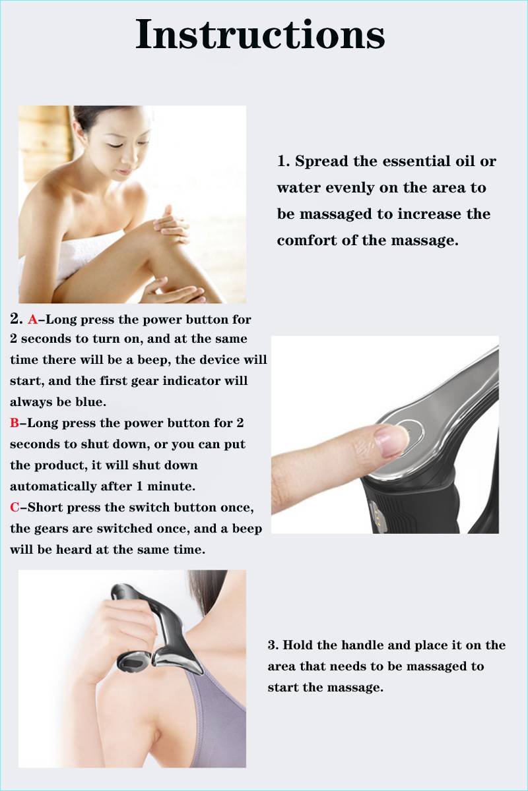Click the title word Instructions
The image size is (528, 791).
260,34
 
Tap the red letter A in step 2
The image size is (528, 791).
32,319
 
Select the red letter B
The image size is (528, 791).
15,423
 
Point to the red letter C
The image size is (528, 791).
15,507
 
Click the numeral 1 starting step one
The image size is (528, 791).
282,161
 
